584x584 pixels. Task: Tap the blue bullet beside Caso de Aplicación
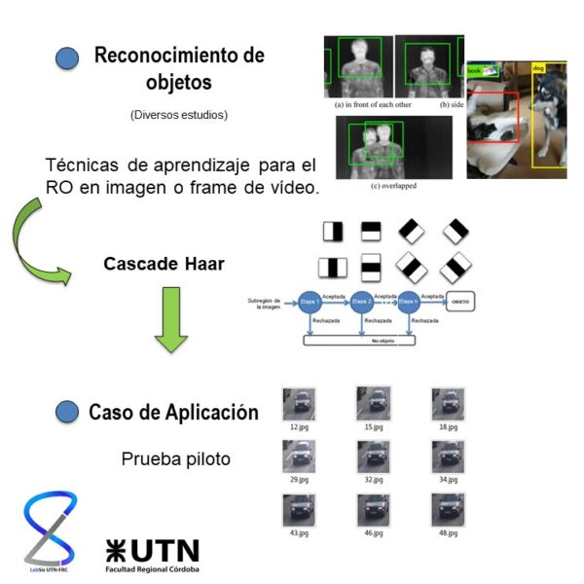[x=67, y=412]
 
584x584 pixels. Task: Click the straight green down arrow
[x=172, y=330]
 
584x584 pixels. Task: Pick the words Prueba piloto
[x=175, y=458]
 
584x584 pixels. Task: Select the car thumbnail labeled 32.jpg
[x=373, y=456]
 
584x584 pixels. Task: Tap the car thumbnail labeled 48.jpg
[x=448, y=509]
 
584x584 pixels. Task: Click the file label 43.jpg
[x=298, y=533]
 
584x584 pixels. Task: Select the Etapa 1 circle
[x=312, y=302]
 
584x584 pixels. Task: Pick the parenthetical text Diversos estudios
[x=178, y=115]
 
